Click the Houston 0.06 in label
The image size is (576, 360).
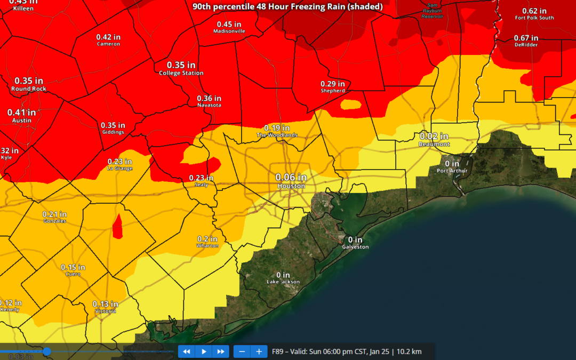click(x=291, y=181)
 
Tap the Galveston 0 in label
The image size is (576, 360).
click(x=355, y=243)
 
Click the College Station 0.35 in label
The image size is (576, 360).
click(x=181, y=68)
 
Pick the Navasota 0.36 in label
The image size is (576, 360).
click(x=209, y=101)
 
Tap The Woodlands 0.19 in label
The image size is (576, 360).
click(x=277, y=131)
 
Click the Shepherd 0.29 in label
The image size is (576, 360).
click(x=333, y=86)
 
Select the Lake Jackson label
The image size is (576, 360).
click(x=283, y=278)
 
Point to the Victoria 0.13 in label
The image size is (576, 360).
click(x=105, y=307)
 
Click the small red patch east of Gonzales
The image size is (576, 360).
click(x=117, y=225)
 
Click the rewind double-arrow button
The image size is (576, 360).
click(x=187, y=351)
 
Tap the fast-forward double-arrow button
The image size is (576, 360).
click(x=220, y=351)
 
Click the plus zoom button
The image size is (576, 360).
click(x=259, y=351)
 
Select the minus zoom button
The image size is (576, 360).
click(x=242, y=351)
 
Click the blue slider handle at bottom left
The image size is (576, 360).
click(x=47, y=351)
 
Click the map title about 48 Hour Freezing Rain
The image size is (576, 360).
click(x=287, y=6)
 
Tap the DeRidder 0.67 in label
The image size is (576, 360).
click(x=526, y=41)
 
